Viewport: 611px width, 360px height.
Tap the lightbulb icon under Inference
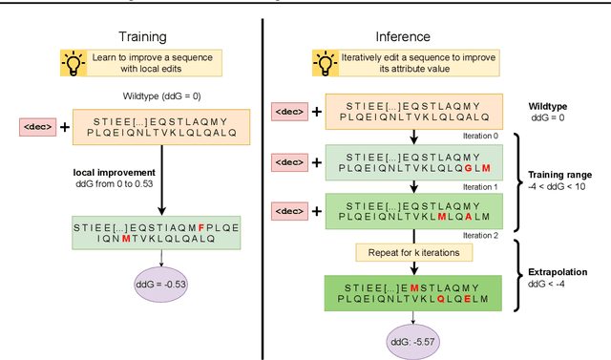click(326, 64)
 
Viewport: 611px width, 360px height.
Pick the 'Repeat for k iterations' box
click(410, 253)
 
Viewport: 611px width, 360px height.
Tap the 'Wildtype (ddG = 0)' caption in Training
click(161, 97)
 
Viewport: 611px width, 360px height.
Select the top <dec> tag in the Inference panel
click(288, 112)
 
